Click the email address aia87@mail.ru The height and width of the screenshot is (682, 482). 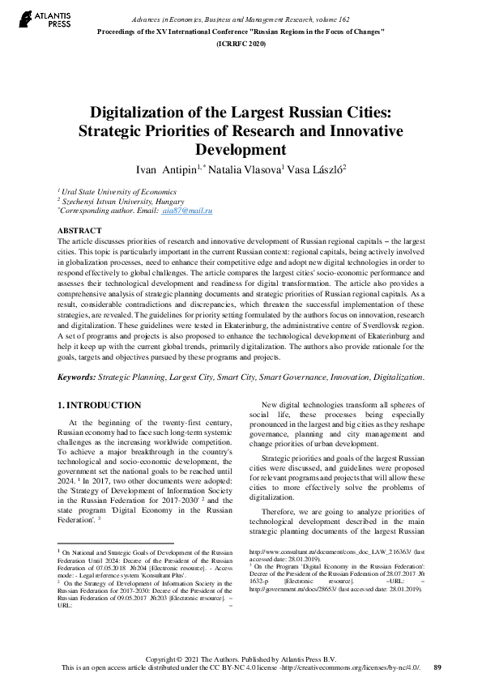pyautogui.click(x=187, y=210)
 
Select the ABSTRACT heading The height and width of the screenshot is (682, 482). pyautogui.click(x=80, y=231)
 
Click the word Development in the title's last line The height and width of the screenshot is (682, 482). pyautogui.click(x=241, y=149)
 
